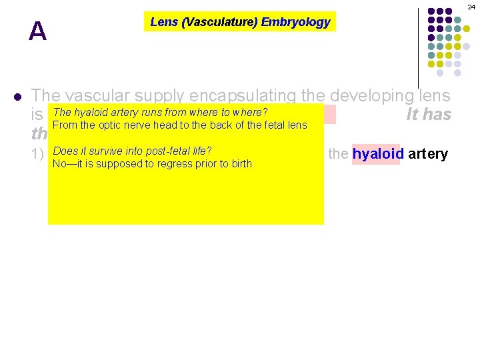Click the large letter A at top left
tap(37, 31)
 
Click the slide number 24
tap(471, 6)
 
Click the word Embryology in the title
tap(295, 22)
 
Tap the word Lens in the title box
tap(163, 22)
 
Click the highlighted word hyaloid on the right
tap(376, 155)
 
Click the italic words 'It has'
tap(429, 115)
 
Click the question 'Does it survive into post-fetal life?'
tap(132, 151)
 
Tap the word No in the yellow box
tap(59, 163)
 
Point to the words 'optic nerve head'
tap(125, 125)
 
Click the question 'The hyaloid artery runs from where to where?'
tap(160, 112)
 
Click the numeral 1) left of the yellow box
tap(39, 155)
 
